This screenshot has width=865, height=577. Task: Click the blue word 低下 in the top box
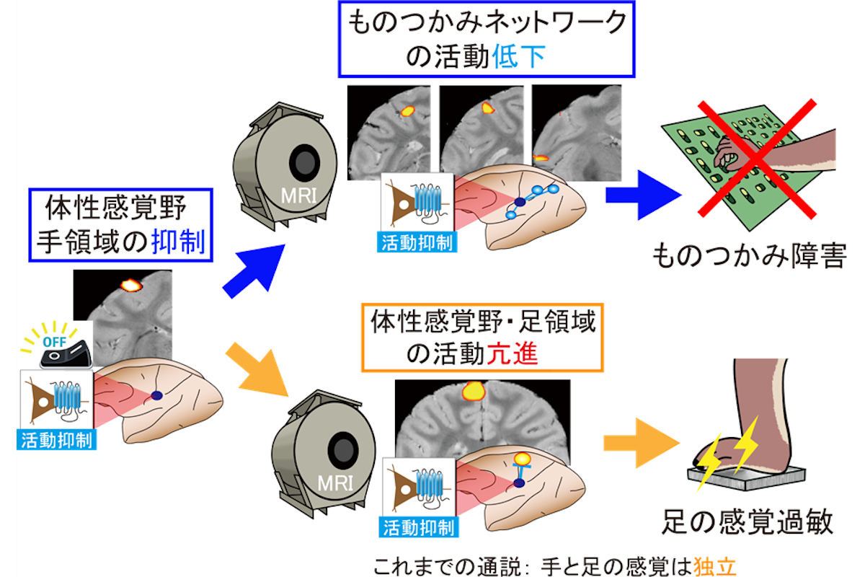[x=518, y=57]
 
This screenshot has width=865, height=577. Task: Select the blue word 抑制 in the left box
[x=178, y=242]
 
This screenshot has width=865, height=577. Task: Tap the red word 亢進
[x=511, y=353]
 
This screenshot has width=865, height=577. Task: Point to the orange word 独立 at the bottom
[x=715, y=566]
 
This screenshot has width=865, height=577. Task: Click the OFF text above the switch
[x=55, y=342]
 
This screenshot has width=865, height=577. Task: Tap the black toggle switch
[x=66, y=353]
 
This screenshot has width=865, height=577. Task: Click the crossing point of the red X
[x=755, y=159]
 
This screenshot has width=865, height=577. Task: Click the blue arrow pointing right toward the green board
[x=643, y=195]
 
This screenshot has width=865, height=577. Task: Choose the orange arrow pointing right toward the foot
[x=641, y=443]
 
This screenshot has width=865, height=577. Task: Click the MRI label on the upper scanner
[x=298, y=196]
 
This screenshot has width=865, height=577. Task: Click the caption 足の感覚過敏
[x=748, y=521]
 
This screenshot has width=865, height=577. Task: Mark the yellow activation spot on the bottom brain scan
[x=474, y=391]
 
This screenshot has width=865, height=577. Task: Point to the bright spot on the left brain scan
[x=131, y=285]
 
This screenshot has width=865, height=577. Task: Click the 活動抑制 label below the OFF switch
[x=56, y=440]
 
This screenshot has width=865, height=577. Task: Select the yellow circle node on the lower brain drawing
[x=522, y=458]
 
